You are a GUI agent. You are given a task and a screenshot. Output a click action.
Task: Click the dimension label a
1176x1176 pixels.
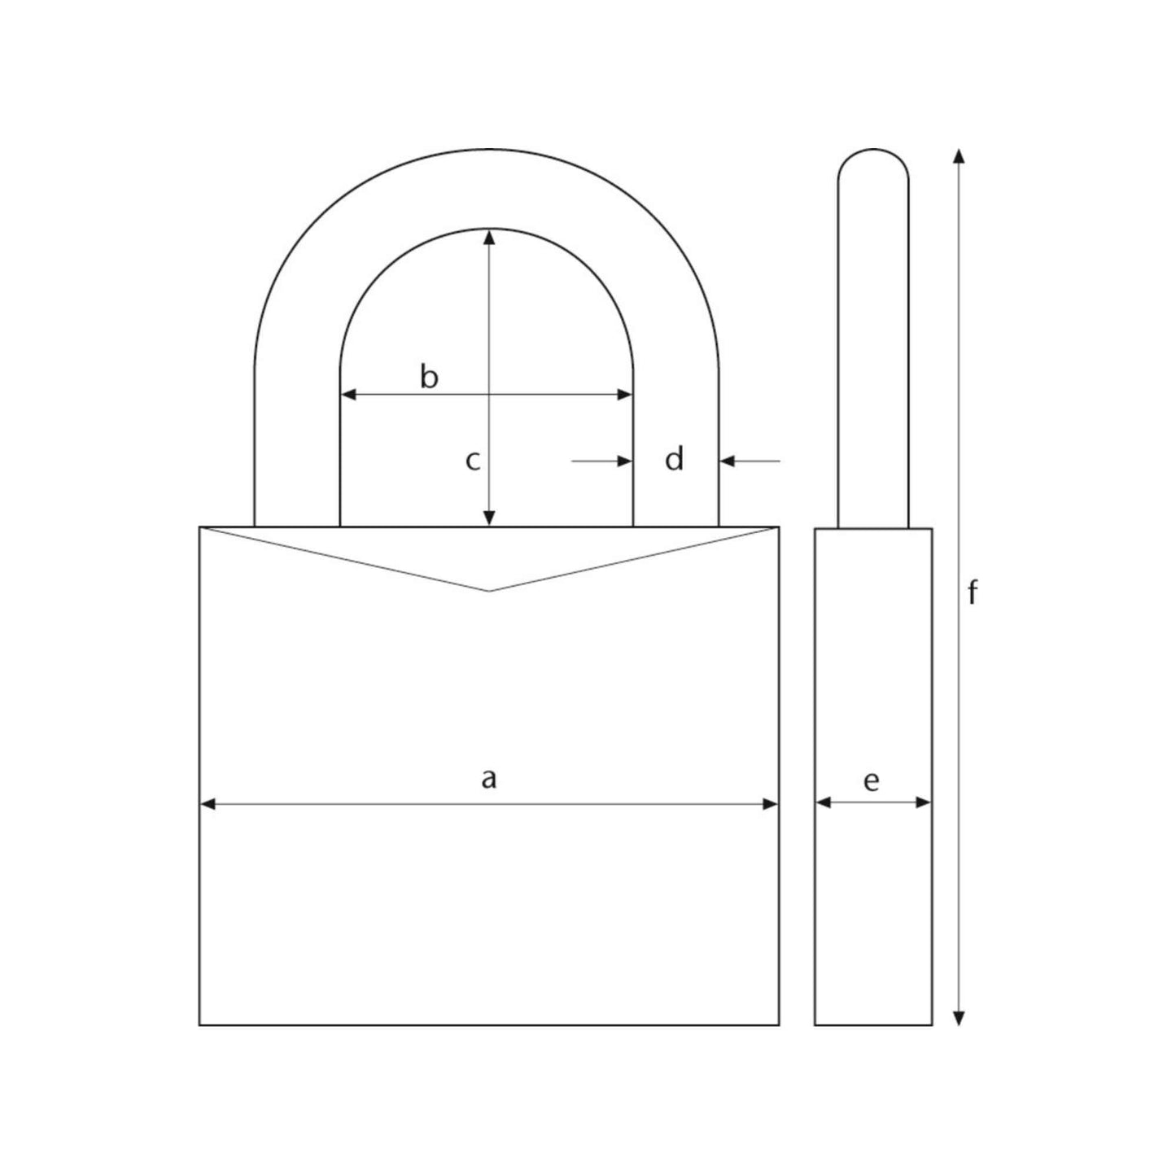[x=488, y=779]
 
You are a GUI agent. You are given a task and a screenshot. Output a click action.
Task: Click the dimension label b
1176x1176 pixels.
[x=429, y=377]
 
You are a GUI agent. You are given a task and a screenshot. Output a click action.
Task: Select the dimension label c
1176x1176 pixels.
[x=472, y=461]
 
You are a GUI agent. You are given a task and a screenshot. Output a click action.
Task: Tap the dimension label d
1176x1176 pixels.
[x=674, y=460]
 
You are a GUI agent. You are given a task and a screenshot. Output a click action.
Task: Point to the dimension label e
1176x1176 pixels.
[x=871, y=781]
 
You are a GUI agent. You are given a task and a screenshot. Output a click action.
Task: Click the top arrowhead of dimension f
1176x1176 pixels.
[x=959, y=157]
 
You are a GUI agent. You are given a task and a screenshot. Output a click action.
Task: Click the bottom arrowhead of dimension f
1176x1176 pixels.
[x=959, y=1017]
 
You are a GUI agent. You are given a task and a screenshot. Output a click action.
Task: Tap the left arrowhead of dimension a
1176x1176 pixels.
[x=208, y=804]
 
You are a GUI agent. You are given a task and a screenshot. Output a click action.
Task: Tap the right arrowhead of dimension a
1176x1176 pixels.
[x=770, y=804]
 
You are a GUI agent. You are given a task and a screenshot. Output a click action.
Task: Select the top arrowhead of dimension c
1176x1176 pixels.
[x=489, y=237]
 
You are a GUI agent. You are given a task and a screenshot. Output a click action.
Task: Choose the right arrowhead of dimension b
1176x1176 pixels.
[x=624, y=395]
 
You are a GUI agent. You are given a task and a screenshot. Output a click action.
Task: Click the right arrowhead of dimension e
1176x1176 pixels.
[x=923, y=802]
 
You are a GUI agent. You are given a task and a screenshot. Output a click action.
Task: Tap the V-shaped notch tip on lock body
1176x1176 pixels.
[x=488, y=590]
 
